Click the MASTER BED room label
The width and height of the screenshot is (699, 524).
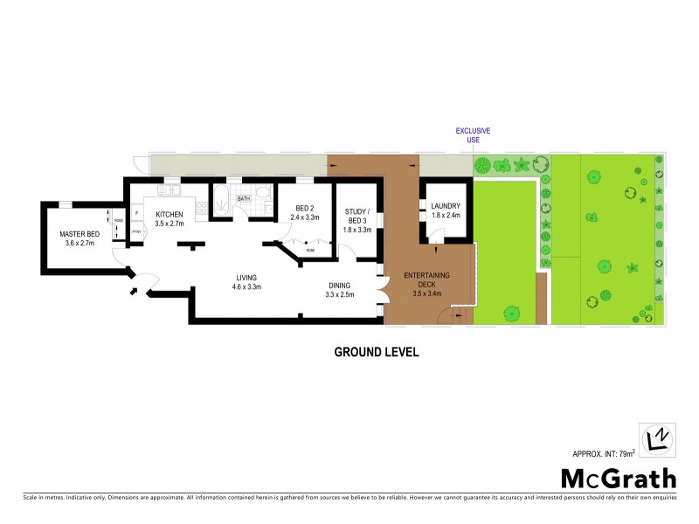pos(79,234)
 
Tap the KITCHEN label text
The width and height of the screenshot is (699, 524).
pos(169,215)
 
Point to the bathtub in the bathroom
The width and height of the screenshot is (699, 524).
pos(222,199)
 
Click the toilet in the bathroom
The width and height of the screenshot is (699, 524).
pos(261,195)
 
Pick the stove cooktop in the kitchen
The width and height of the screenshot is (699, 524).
pos(201,208)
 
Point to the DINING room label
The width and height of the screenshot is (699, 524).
pos(340,285)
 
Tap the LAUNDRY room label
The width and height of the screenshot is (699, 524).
pos(446,206)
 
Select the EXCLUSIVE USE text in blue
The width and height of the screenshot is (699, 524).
pos(473,135)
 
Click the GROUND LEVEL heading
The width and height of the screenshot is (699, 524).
pos(377,353)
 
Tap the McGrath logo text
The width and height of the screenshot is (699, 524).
pos(618,479)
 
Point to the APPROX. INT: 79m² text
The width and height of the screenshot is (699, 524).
pos(603,452)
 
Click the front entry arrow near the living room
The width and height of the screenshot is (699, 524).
pos(134,291)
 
